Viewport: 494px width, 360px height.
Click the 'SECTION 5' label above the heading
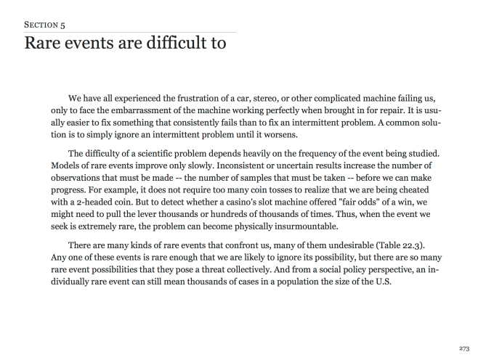(44, 24)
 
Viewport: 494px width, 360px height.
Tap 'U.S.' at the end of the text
(382, 282)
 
